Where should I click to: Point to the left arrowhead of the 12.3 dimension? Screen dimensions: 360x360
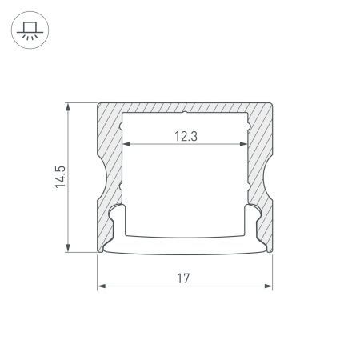(x=127, y=146)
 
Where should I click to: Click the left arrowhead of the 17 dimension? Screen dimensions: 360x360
(x=101, y=286)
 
